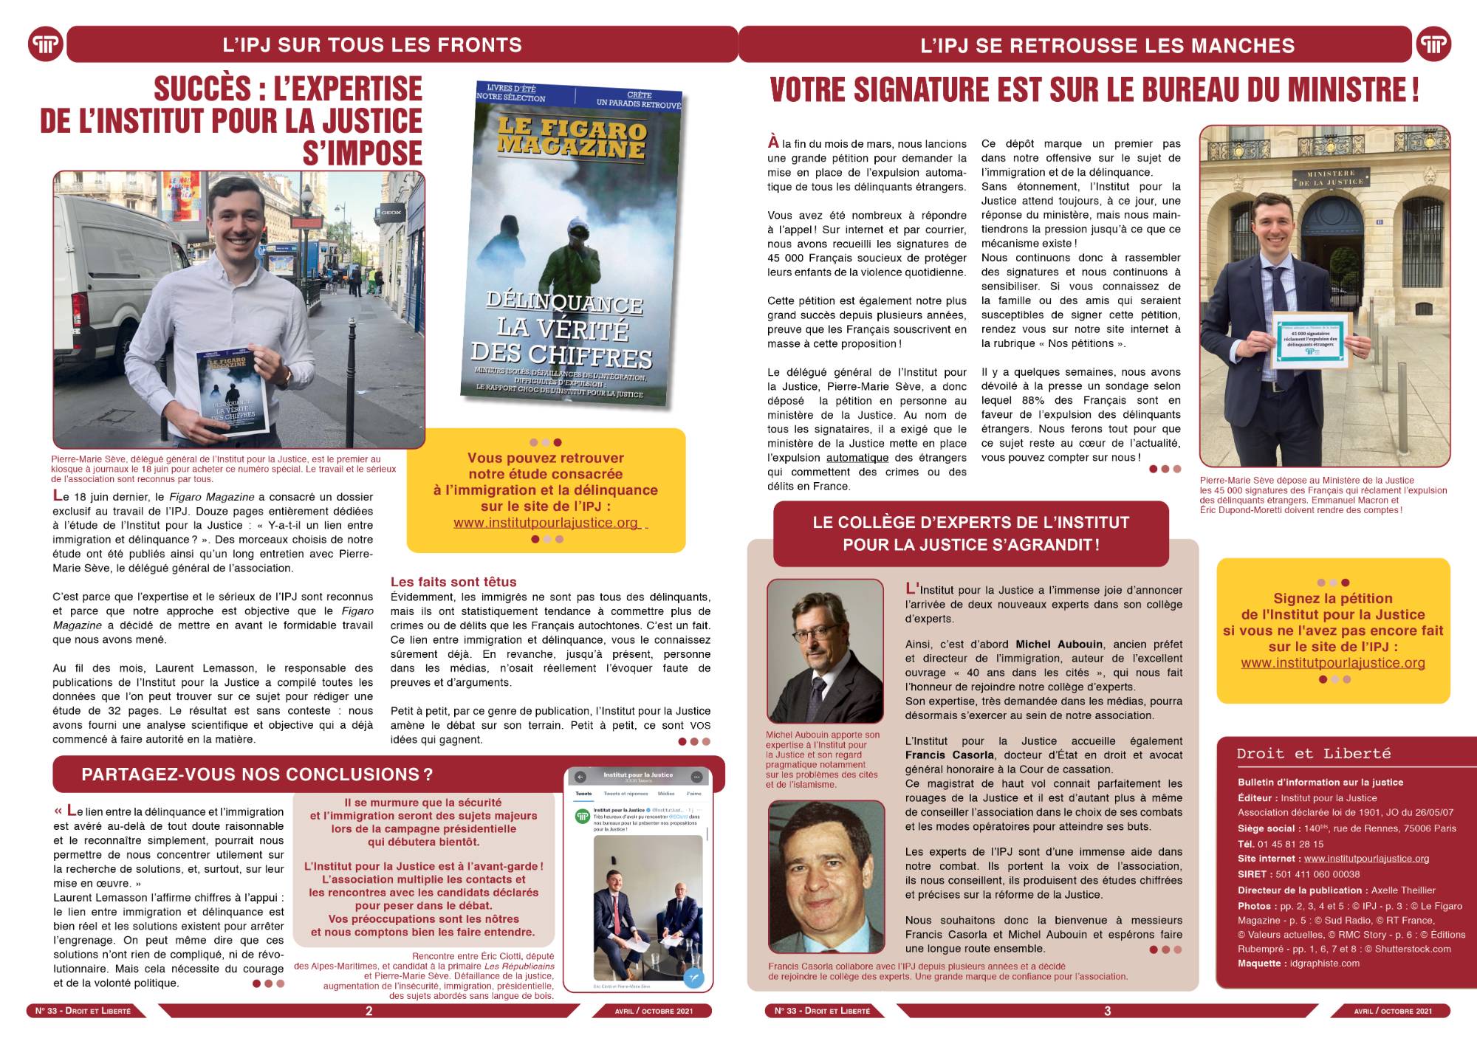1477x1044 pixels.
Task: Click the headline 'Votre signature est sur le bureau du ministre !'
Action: click(1094, 90)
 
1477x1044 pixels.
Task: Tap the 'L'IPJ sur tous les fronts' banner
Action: click(372, 45)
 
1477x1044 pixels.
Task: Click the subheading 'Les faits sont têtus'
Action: click(453, 582)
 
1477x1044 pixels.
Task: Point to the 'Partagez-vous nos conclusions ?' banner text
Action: click(257, 775)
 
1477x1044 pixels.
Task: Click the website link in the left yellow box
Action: click(546, 523)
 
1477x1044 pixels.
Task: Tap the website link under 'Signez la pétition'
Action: click(1333, 663)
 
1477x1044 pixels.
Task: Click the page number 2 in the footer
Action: click(369, 1011)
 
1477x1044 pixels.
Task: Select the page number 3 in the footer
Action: click(1107, 1011)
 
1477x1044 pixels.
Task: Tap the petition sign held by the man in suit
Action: click(1311, 340)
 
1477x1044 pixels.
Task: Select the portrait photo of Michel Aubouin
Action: click(825, 650)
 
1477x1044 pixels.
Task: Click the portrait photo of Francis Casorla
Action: click(826, 878)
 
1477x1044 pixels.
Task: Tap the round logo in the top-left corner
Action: click(46, 45)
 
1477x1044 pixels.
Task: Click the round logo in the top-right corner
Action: click(1433, 45)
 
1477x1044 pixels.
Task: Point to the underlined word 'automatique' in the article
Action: click(857, 458)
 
